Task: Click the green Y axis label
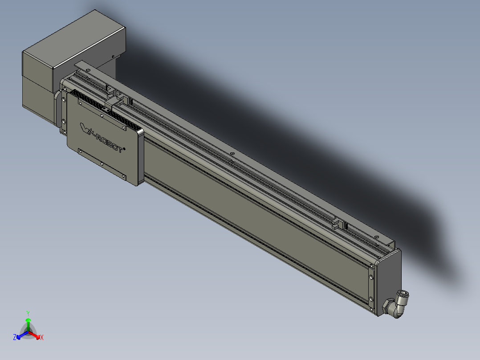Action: [x=28, y=313]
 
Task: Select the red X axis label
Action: [x=42, y=338]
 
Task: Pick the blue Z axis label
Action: [x=15, y=337]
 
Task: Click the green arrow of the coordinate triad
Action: [x=28, y=323]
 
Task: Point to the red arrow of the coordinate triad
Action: [x=36, y=335]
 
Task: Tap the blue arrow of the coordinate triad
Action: [x=20, y=335]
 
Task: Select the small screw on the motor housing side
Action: [x=113, y=56]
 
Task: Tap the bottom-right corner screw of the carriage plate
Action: [x=124, y=176]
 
